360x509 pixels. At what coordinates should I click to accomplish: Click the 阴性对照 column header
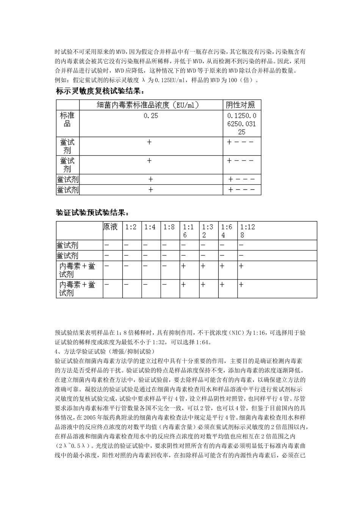[241, 105]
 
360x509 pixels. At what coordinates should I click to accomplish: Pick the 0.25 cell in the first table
[151, 116]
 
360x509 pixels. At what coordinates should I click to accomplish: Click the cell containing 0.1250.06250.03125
[242, 124]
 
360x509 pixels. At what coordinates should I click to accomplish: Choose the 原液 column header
[111, 227]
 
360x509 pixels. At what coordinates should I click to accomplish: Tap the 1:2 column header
[131, 227]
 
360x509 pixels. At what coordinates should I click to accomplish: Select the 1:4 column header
[150, 227]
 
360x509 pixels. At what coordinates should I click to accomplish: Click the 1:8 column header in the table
[169, 227]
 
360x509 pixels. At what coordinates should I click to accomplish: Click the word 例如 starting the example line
[61, 80]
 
